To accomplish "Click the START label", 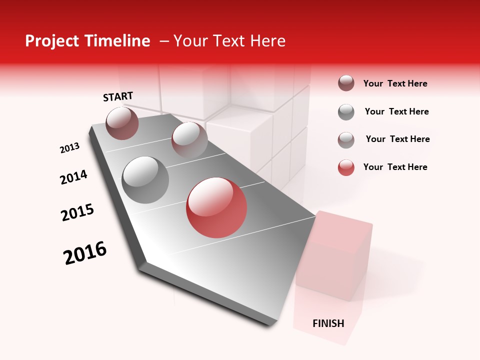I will [x=118, y=96].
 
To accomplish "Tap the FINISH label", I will [x=328, y=323].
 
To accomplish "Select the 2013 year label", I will [x=69, y=148].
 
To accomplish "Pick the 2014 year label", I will [x=73, y=177].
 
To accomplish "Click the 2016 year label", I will [x=85, y=253].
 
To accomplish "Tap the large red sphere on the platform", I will [x=216, y=207].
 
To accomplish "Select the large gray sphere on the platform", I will [x=145, y=180].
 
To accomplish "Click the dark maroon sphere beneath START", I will [x=122, y=123].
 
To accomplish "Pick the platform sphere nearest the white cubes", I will [x=189, y=140].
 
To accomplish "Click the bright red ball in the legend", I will [x=346, y=167].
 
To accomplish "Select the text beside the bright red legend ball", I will [x=395, y=167].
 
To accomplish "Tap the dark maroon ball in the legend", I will [x=346, y=83].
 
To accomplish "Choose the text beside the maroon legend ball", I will [x=395, y=83].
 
